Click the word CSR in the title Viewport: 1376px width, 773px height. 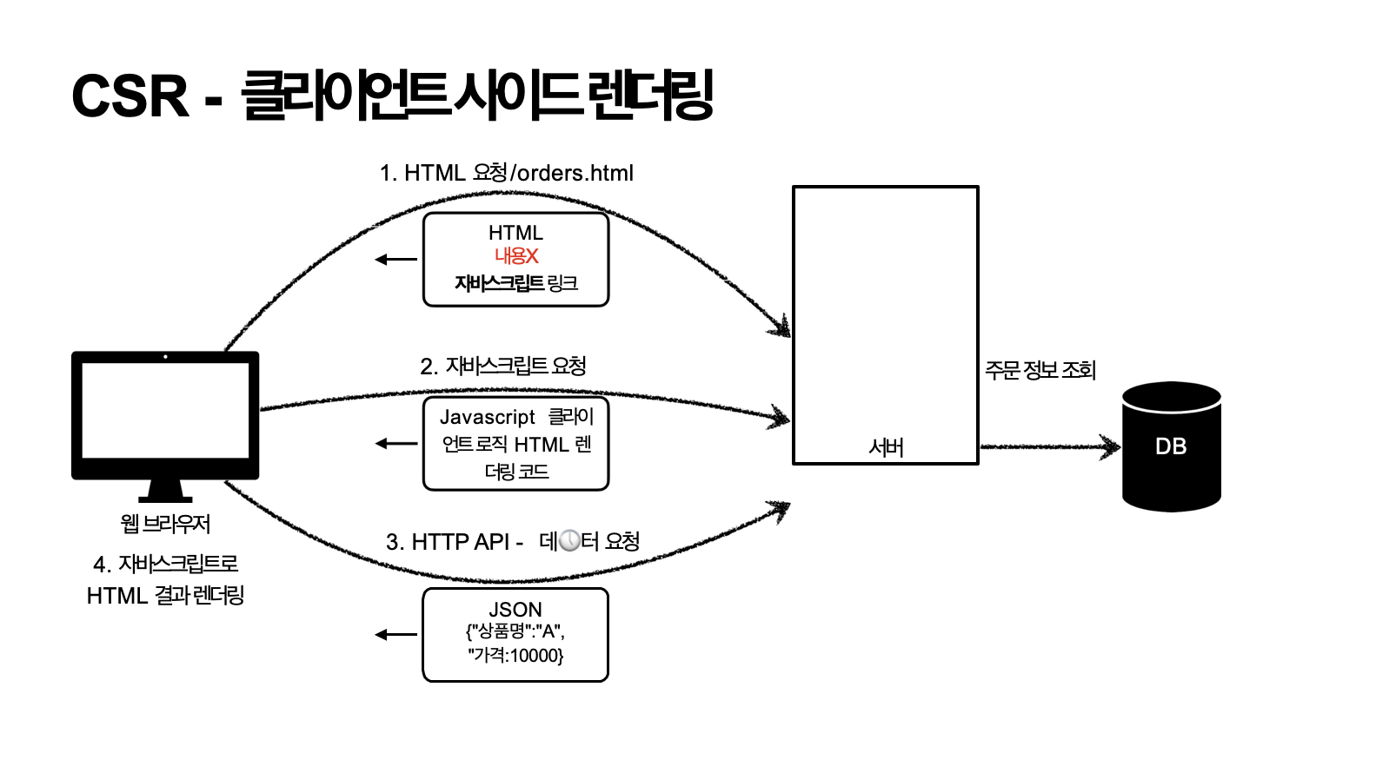130,96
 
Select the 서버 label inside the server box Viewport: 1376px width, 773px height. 886,447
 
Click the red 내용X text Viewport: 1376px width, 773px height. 516,256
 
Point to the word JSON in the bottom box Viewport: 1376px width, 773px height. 515,609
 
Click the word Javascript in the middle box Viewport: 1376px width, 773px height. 488,418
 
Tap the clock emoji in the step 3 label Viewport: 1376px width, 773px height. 569,541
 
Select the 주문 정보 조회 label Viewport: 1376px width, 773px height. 1040,371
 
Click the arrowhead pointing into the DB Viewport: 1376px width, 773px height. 1111,446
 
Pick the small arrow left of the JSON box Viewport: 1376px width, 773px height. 396,635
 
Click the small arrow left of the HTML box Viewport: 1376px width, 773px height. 396,259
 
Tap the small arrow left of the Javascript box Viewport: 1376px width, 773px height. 396,444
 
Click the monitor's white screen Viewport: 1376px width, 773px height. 165,410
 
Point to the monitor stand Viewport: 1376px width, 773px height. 165,491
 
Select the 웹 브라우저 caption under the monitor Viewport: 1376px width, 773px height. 165,524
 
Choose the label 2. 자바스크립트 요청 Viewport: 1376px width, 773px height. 503,366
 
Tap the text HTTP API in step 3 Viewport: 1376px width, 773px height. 460,542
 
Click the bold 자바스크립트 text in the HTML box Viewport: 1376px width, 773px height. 499,283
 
